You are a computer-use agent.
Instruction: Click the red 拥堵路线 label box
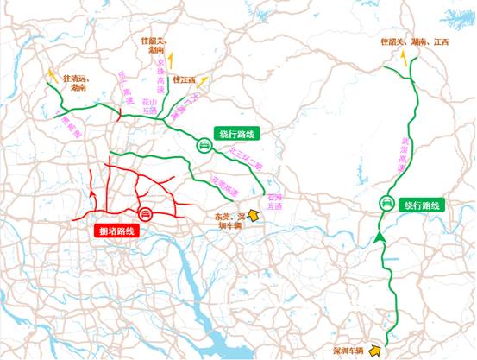pos(116,231)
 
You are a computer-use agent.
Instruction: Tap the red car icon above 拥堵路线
pos(146,214)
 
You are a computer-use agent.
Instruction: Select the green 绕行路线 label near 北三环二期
pos(239,135)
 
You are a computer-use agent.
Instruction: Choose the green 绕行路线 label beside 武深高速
pos(420,206)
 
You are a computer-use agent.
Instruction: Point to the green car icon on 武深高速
pos(387,204)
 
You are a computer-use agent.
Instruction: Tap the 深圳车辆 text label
pos(349,341)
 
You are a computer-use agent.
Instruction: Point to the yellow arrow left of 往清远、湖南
pos(53,75)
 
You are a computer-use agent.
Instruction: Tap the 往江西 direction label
pos(185,80)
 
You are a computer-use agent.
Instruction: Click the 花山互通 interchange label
pos(150,104)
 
